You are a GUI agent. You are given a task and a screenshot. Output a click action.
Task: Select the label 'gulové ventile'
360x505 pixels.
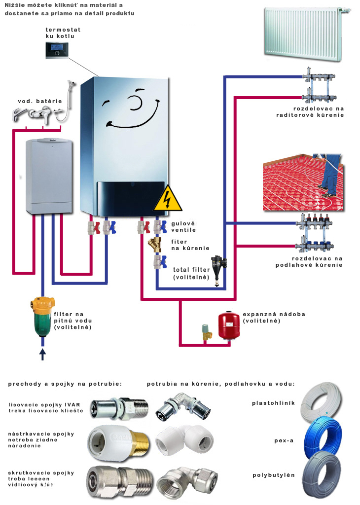click(x=184, y=227)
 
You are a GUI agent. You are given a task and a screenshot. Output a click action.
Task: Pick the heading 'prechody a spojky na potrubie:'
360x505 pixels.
click(x=65, y=383)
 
